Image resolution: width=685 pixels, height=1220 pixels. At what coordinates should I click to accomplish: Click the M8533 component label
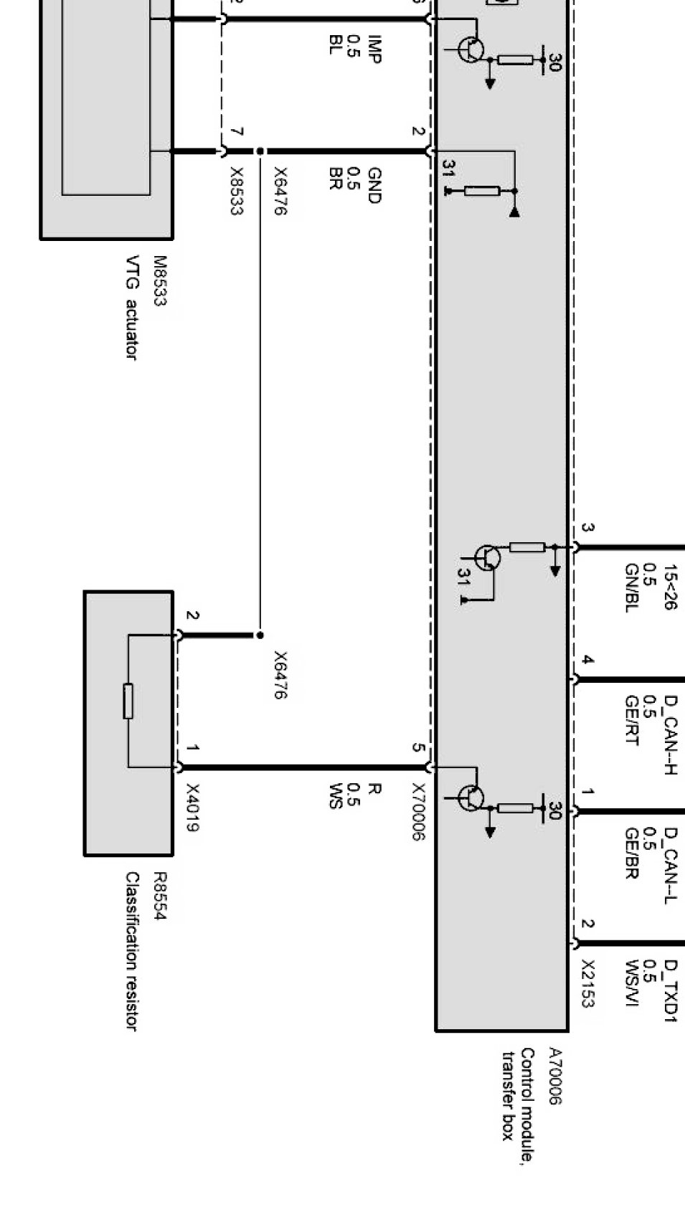tap(159, 282)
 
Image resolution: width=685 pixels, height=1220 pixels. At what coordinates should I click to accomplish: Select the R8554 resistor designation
tap(159, 896)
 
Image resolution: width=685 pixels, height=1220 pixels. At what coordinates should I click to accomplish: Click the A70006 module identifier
tap(554, 1076)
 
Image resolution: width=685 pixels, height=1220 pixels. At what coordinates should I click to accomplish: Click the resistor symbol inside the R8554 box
tap(128, 701)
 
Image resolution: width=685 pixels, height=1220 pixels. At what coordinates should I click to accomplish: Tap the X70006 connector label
tap(419, 811)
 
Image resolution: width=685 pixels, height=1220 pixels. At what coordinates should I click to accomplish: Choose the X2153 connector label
tap(587, 983)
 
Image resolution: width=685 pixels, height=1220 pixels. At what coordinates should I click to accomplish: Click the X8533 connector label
tap(237, 191)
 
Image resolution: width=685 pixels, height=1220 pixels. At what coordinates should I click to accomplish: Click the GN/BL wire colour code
tap(631, 588)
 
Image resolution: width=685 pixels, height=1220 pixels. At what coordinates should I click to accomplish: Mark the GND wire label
tap(374, 185)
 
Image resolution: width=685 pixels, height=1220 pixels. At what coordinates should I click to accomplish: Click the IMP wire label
tap(374, 49)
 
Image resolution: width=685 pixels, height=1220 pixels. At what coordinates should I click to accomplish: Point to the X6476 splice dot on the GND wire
tap(260, 151)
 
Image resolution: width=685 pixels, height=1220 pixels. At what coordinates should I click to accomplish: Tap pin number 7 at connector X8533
tap(237, 132)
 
